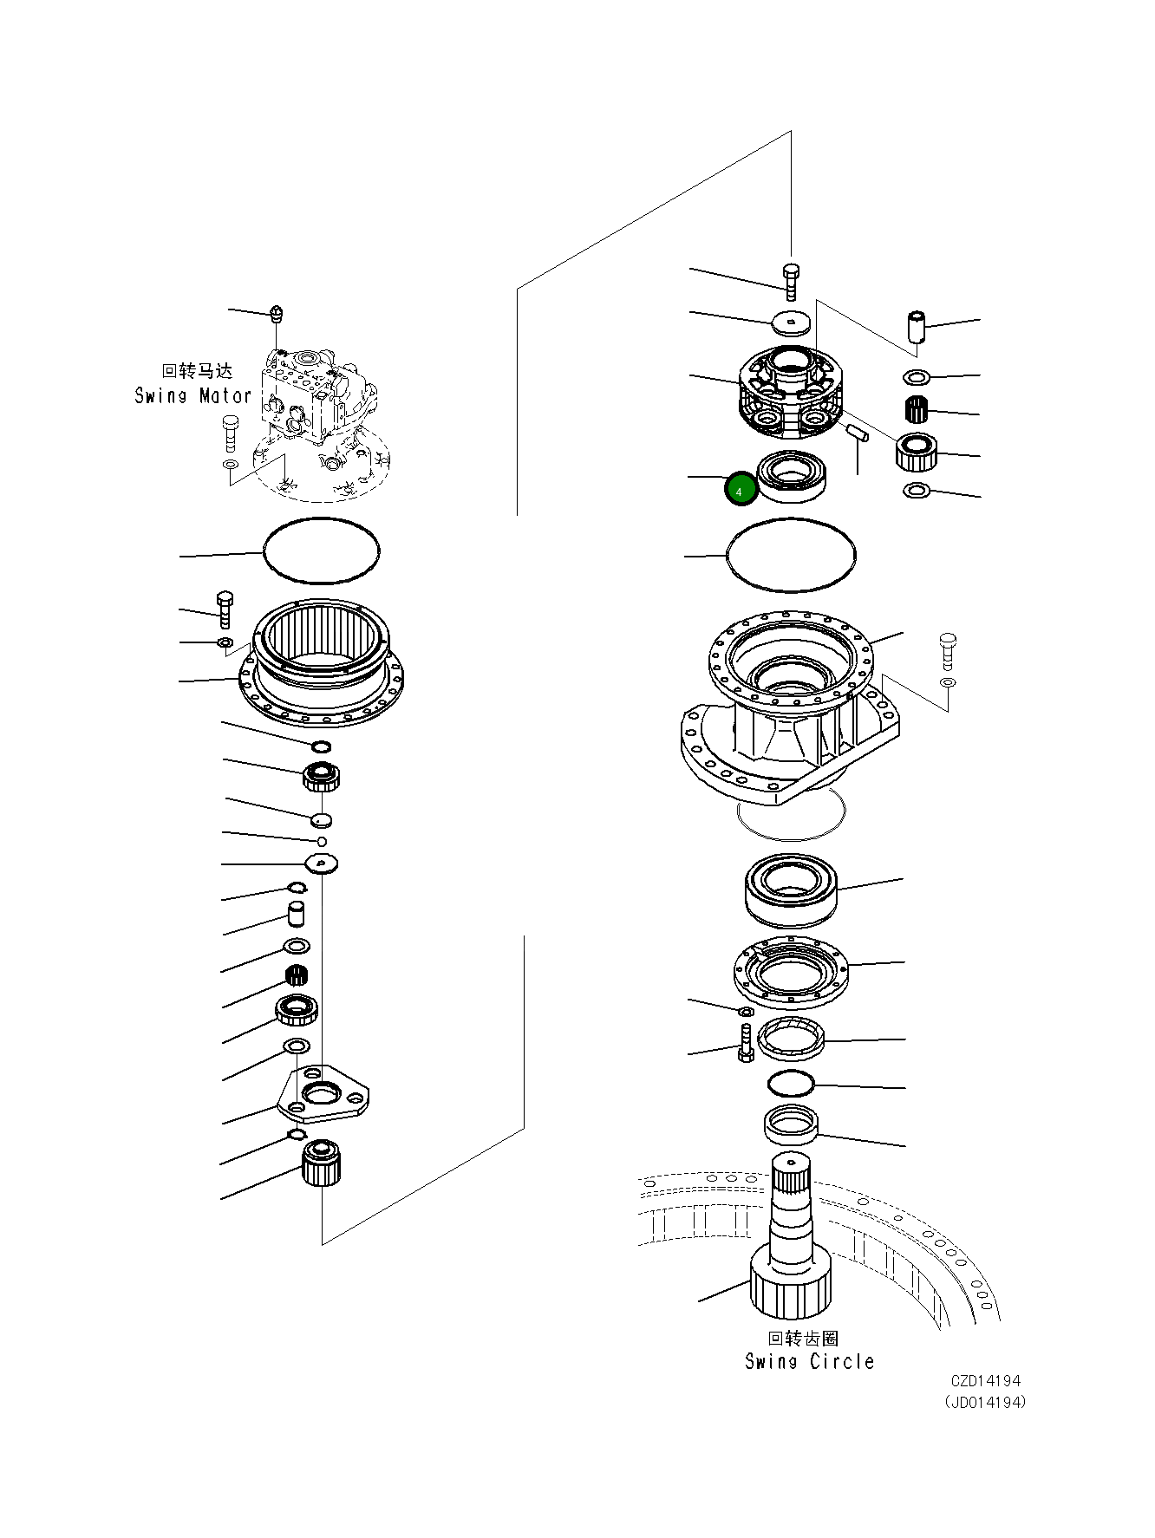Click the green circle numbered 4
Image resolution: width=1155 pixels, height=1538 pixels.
pos(740,491)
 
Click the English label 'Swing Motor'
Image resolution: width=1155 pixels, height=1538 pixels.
pos(192,396)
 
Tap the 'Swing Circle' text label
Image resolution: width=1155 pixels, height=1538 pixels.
pos(809,1362)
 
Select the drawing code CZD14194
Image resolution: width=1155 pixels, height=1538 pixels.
pos(986,1381)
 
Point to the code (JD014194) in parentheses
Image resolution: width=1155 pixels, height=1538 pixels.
pos(985,1402)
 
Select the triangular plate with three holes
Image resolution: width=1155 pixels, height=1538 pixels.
pos(323,1097)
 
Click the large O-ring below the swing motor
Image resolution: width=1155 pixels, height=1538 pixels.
pos(321,551)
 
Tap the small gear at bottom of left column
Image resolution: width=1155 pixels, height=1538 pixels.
pos(322,1163)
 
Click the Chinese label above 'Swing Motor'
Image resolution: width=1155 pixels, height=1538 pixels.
pos(198,372)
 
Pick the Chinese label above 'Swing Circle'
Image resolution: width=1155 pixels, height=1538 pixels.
pos(803,1339)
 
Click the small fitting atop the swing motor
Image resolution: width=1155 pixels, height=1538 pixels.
pos(276,313)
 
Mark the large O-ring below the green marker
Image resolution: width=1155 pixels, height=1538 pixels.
pos(790,556)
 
